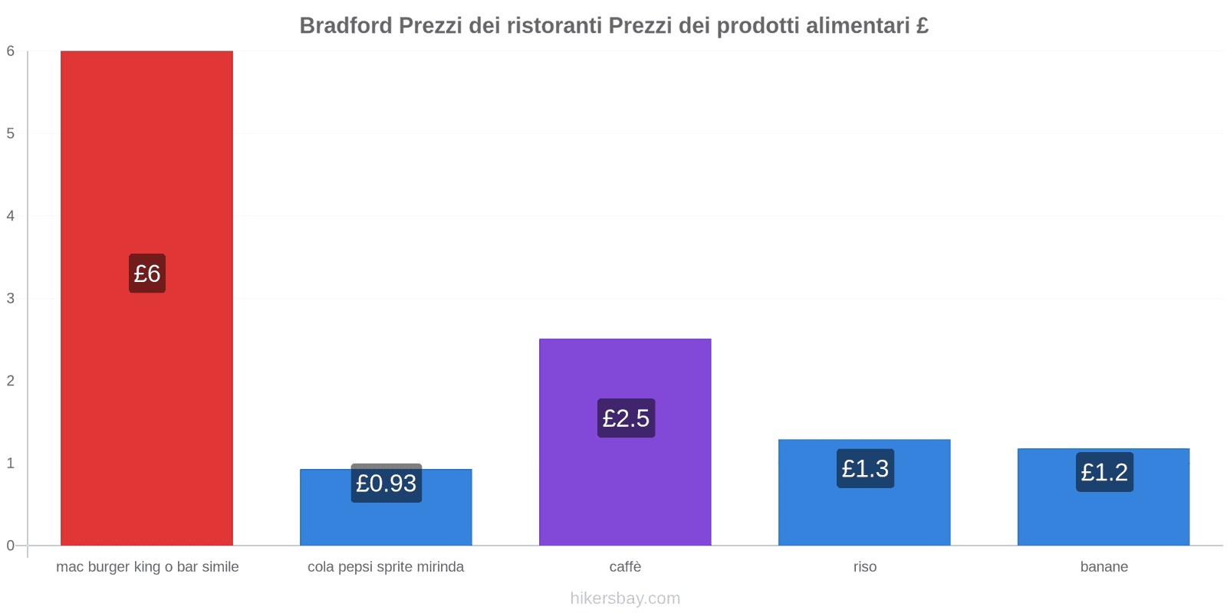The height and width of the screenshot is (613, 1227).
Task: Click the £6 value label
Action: tap(146, 274)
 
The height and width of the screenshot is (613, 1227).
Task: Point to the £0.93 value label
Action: tap(386, 484)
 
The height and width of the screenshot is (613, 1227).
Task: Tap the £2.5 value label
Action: tap(626, 418)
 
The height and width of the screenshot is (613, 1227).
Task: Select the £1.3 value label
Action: tap(865, 468)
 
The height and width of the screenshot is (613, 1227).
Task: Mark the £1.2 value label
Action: tap(1104, 472)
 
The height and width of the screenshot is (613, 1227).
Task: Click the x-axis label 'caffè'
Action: tap(625, 567)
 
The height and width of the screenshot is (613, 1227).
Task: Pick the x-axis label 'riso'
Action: tap(864, 567)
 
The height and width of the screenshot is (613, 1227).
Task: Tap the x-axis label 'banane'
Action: tap(1104, 567)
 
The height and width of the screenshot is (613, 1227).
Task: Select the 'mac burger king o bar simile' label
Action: tap(147, 567)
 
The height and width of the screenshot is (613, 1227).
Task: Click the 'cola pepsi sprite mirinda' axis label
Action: tap(386, 567)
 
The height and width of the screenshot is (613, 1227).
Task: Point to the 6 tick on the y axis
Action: tap(11, 51)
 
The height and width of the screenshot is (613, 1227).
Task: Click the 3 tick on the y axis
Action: tap(11, 299)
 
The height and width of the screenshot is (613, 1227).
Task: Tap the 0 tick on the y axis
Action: tap(11, 546)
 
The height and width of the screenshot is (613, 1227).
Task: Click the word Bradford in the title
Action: tap(346, 26)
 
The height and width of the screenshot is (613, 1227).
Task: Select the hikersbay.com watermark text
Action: tap(625, 598)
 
